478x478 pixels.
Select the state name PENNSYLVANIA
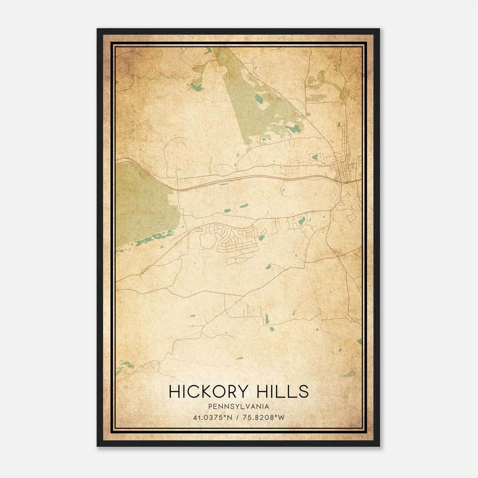[x=239, y=407]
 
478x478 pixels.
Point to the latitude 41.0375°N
[x=212, y=417]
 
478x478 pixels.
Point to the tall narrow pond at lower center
[x=267, y=319]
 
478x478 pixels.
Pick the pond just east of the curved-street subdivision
[x=262, y=238]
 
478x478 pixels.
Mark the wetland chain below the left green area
[x=149, y=239]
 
